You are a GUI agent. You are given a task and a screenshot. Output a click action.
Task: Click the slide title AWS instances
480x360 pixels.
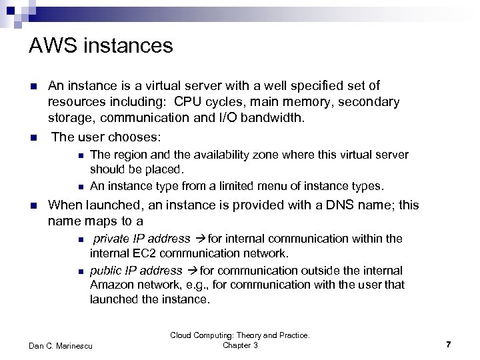(x=101, y=46)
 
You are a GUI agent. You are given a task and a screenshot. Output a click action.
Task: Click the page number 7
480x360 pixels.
(x=449, y=344)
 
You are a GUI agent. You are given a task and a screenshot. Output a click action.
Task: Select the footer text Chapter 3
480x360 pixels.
(x=240, y=345)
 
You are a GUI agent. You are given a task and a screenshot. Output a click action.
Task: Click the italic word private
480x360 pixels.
(x=111, y=239)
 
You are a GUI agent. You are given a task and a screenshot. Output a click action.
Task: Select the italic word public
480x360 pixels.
(x=107, y=271)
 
